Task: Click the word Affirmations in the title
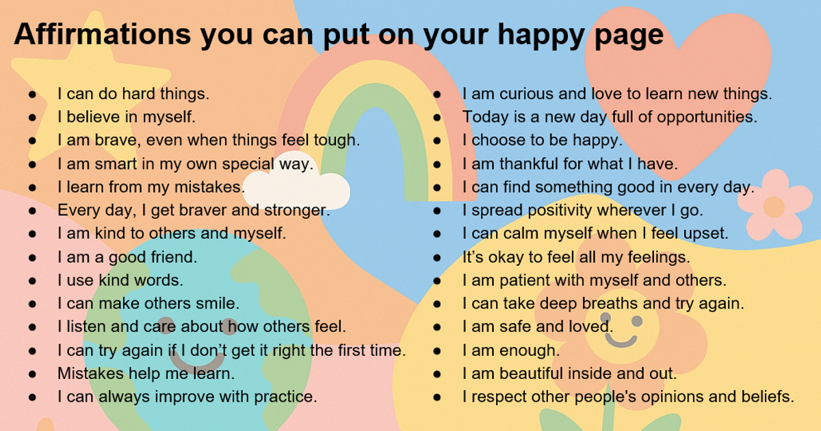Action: click(x=102, y=34)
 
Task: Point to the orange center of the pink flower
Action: click(x=773, y=207)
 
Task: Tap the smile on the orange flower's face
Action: click(x=621, y=341)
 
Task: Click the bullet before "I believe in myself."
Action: click(x=33, y=117)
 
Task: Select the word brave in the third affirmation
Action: click(x=116, y=140)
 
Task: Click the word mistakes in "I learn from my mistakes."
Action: click(x=209, y=187)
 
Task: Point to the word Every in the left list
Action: click(x=79, y=211)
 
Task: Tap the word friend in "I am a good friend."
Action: click(x=174, y=257)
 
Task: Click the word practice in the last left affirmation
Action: click(x=285, y=397)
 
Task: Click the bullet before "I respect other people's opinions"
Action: click(x=437, y=397)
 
